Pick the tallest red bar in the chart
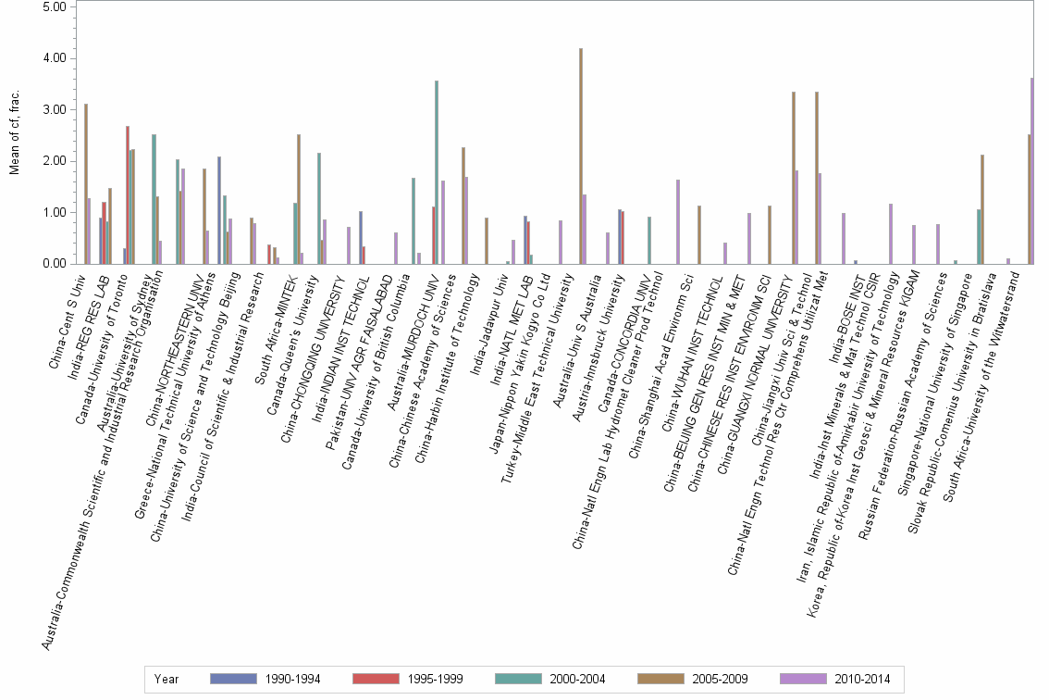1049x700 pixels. pos(128,194)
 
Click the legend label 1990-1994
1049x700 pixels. pos(291,680)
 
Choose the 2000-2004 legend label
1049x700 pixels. pos(577,680)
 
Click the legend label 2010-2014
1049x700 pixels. pos(862,680)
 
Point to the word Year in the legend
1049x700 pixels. pos(167,680)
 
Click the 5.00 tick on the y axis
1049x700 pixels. pos(55,6)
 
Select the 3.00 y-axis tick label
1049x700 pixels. pos(55,109)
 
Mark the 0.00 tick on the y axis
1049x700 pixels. pos(55,264)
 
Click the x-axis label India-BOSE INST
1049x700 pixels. pos(842,306)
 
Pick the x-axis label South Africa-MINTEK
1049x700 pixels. pos(276,311)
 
